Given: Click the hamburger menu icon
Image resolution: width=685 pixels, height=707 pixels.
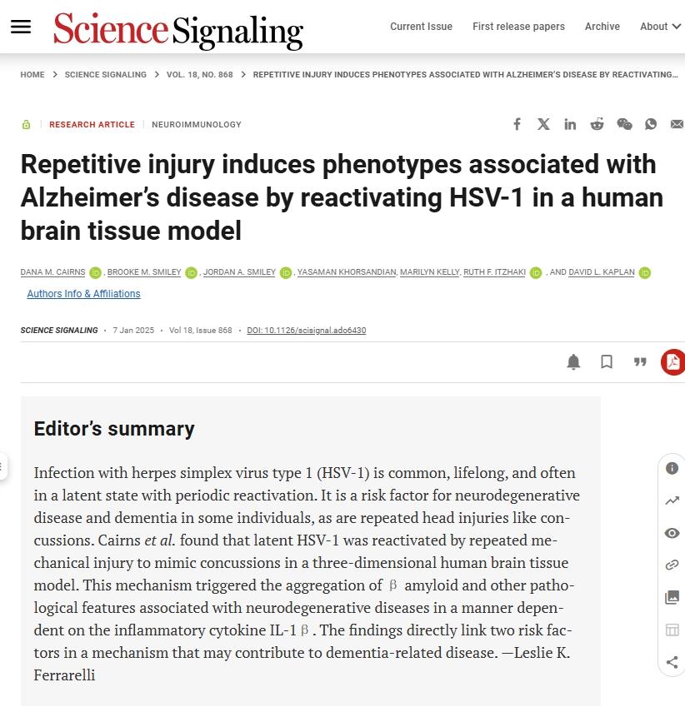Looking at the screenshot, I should [21, 27].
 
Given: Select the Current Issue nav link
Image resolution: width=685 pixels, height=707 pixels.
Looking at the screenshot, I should [421, 27].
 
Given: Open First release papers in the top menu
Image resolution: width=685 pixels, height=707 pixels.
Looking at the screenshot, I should [518, 27].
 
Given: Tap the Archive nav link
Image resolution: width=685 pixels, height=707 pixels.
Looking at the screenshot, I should [602, 27].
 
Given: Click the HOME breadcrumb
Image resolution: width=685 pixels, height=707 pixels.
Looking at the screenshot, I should [32, 75].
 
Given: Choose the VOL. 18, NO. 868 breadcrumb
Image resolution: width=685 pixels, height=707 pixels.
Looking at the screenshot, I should [199, 75].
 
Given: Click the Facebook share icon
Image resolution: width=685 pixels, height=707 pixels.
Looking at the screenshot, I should [517, 124].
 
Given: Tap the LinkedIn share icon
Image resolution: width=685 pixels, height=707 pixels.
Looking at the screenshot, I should [570, 124].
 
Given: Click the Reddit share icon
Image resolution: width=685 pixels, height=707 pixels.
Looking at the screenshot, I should [597, 124].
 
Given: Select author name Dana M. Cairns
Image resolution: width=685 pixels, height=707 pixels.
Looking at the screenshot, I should [52, 272].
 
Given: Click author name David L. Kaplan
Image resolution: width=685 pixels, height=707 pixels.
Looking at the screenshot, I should [602, 272].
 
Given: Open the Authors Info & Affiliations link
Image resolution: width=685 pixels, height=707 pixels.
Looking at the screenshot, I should [83, 294].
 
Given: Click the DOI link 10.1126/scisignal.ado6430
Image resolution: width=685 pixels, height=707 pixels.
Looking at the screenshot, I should [306, 331].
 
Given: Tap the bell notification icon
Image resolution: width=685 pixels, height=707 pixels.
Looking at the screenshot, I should [573, 361].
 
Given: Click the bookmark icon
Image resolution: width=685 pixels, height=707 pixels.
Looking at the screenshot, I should [607, 361].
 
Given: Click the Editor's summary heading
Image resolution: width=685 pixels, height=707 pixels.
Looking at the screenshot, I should [113, 429].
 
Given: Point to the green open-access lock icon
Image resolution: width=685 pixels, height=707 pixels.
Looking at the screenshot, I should [27, 125].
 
